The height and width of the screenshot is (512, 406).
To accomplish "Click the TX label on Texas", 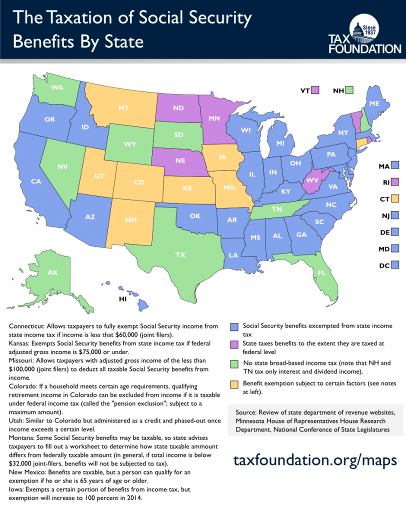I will (x=180, y=254).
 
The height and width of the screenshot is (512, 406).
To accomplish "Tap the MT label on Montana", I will (x=124, y=107).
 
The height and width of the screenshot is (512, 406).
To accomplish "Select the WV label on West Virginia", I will (x=312, y=180).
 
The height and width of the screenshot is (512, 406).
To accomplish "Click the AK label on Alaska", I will (x=52, y=272).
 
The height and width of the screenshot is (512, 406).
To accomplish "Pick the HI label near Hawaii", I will (x=121, y=299).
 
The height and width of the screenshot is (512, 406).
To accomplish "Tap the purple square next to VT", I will (x=315, y=90).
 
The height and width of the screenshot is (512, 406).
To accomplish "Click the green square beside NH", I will (x=349, y=90).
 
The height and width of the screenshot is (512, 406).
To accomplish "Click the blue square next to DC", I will (x=395, y=264).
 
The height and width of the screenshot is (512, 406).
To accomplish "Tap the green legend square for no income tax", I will (x=233, y=363).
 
